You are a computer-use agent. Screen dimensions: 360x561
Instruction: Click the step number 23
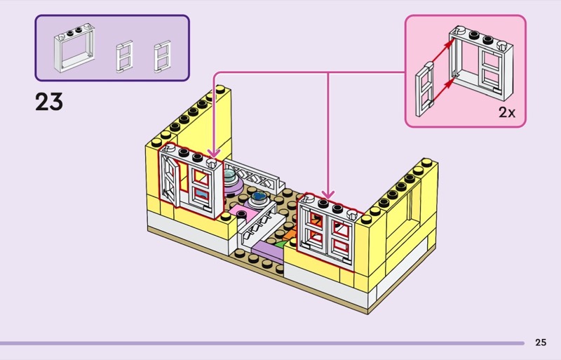coord(49,102)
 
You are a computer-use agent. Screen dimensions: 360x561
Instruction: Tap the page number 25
coord(540,342)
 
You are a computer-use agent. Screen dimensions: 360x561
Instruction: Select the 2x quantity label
coord(506,112)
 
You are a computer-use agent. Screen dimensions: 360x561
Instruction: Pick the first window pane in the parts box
coord(124,55)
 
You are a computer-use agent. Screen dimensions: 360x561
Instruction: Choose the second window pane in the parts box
coord(162,55)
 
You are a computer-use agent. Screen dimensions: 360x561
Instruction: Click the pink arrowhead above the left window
coord(213,153)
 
